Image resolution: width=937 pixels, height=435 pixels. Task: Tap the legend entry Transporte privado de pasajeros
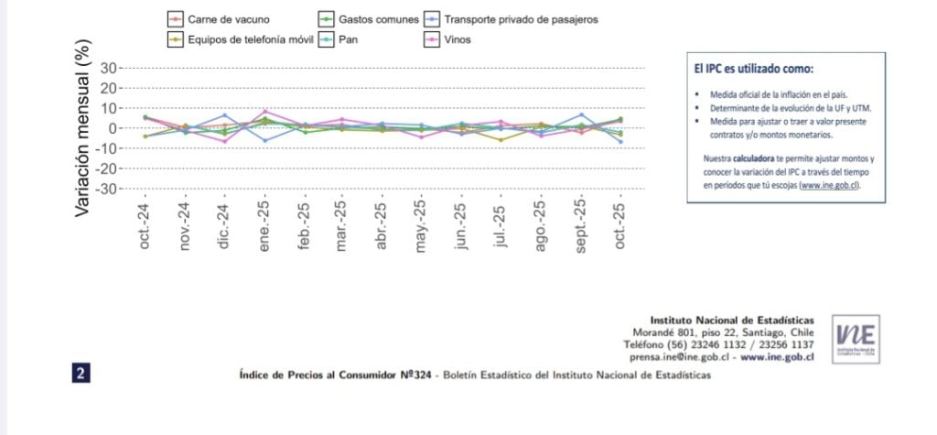pos(522,19)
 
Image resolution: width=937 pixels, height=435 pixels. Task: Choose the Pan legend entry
pos(347,40)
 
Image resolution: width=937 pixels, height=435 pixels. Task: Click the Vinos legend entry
pos(457,40)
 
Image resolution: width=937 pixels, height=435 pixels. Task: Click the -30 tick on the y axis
pos(106,189)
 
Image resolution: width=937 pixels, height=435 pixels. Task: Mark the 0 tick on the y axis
pos(113,128)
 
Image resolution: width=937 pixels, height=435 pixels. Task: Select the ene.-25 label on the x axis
pos(265,225)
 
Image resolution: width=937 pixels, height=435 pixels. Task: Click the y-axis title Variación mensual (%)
pos(83,128)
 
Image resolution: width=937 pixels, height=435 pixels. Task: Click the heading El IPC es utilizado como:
pos(753,69)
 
